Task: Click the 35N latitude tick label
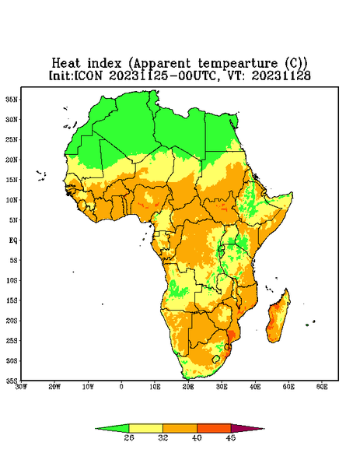(12, 99)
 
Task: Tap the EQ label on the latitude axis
(13, 240)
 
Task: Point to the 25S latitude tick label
(12, 340)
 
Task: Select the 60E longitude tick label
(322, 387)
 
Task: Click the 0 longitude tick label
(121, 387)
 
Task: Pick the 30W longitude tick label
(21, 387)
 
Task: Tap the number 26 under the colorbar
(129, 437)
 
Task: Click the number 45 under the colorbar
(231, 437)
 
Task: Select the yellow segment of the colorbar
(145, 428)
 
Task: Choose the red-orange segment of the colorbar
(214, 428)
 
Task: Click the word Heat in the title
(66, 64)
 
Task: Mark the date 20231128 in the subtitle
(281, 76)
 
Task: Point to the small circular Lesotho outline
(215, 359)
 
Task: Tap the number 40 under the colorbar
(197, 437)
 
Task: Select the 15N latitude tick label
(12, 180)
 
